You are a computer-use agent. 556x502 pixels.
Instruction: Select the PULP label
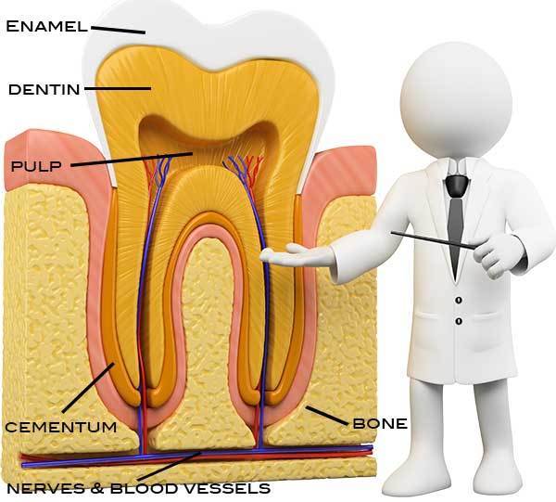(36, 167)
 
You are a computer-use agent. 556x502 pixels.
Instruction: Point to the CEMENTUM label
(61, 427)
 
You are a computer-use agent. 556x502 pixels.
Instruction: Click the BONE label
(379, 424)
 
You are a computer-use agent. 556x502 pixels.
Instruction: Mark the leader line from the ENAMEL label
(119, 29)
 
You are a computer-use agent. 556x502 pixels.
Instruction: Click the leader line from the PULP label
(130, 160)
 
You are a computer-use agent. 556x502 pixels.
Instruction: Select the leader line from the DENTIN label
(116, 89)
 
